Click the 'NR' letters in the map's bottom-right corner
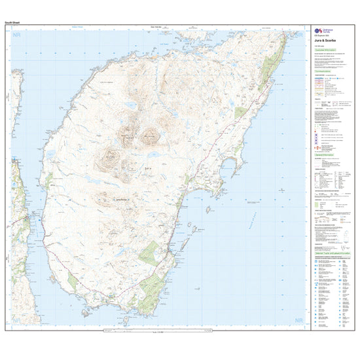[x=300, y=321]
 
